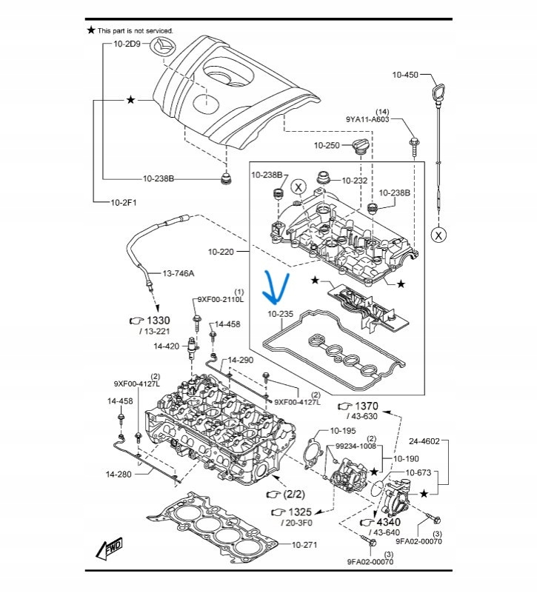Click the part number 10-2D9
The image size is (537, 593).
pos(127,44)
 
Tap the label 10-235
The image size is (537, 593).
pos(281,314)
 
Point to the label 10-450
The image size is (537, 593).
pos(405,76)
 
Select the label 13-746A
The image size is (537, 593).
pos(179,273)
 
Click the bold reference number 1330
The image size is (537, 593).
pos(157,320)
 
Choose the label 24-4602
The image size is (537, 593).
pos(424,441)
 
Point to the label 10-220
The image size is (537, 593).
pos(221,252)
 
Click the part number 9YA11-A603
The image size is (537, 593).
pos(367,118)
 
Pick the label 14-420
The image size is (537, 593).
pos(166,346)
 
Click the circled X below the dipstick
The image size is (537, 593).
pos(439,235)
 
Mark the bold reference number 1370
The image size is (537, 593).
pos(365,406)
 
